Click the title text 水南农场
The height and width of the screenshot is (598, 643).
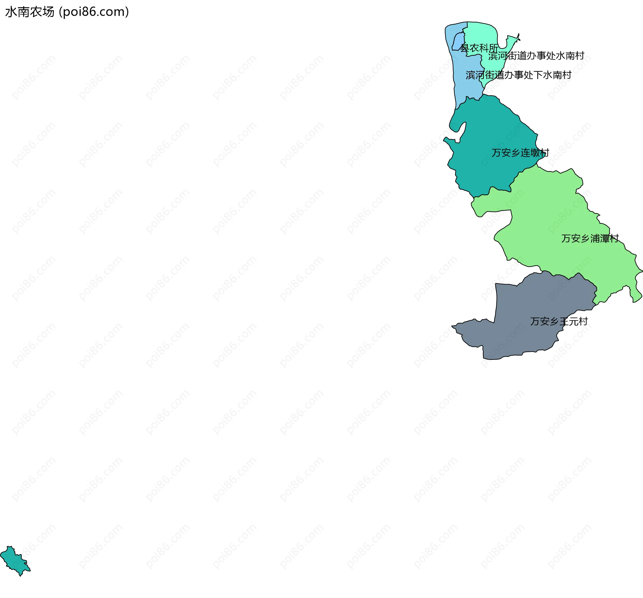30,12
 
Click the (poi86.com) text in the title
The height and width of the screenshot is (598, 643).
94,12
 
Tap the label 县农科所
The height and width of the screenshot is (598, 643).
479,48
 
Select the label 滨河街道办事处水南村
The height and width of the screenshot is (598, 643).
536,56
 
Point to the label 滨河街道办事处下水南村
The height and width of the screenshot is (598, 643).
518,75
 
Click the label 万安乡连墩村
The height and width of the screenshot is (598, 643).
520,153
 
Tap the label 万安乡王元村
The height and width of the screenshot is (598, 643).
559,322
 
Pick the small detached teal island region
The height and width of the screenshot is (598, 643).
15,561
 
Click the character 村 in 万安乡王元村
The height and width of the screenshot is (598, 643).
583,322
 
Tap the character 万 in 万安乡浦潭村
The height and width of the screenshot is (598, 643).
566,239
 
